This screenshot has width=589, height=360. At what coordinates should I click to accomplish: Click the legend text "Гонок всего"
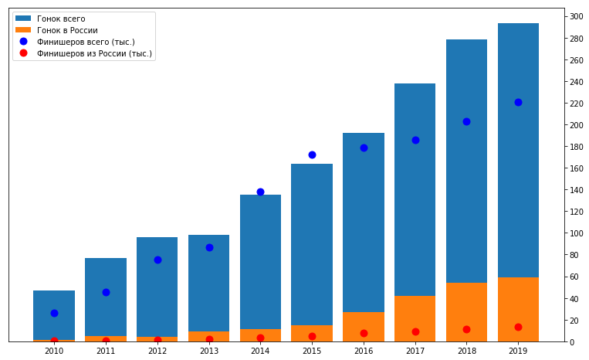point(61,19)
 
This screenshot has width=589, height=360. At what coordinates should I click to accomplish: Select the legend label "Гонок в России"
point(67,30)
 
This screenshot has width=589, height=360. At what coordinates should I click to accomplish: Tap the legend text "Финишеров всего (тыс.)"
point(86,42)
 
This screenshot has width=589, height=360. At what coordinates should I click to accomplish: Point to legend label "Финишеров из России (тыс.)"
point(94,53)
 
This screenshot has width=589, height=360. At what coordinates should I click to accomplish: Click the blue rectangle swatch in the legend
point(23,19)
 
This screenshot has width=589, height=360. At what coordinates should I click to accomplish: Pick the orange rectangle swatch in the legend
point(23,30)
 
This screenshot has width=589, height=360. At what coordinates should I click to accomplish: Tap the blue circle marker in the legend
point(23,42)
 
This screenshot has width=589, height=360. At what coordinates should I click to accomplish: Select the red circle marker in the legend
point(23,53)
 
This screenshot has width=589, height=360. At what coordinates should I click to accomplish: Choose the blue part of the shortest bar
point(54,301)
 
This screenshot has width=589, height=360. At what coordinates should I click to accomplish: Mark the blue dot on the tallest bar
point(518,102)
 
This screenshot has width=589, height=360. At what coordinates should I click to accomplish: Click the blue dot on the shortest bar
point(54,313)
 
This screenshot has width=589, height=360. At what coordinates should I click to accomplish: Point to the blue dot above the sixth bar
point(312,155)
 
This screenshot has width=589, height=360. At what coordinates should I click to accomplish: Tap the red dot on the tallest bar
point(518,327)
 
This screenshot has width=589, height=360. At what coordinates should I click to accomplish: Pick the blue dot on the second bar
point(106,292)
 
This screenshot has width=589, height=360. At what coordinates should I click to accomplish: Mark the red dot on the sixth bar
point(312,336)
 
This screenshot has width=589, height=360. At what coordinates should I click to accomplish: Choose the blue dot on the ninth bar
point(466,121)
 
